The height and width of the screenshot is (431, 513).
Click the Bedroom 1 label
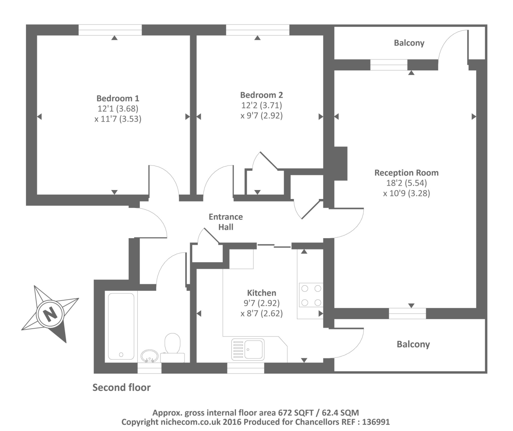point(118,98)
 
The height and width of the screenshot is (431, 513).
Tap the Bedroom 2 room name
point(262,95)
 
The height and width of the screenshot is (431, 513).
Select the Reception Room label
point(407,172)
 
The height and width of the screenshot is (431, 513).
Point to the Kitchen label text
point(262,293)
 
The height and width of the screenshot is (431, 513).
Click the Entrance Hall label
point(226,222)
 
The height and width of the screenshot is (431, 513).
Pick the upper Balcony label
point(409,43)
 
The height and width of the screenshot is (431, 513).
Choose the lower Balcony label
point(413,344)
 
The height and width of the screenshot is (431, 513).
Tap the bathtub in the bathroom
point(121,326)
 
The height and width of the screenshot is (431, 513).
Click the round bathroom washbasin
point(149,356)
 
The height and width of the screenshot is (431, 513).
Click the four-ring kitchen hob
point(311,295)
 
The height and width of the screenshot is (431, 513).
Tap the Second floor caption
point(121,388)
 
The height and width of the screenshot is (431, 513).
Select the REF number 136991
point(376,422)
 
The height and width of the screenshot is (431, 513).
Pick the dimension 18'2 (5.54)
point(407,183)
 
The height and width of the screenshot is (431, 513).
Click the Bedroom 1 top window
point(110,30)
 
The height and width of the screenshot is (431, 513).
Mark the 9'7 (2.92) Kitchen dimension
point(262,303)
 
